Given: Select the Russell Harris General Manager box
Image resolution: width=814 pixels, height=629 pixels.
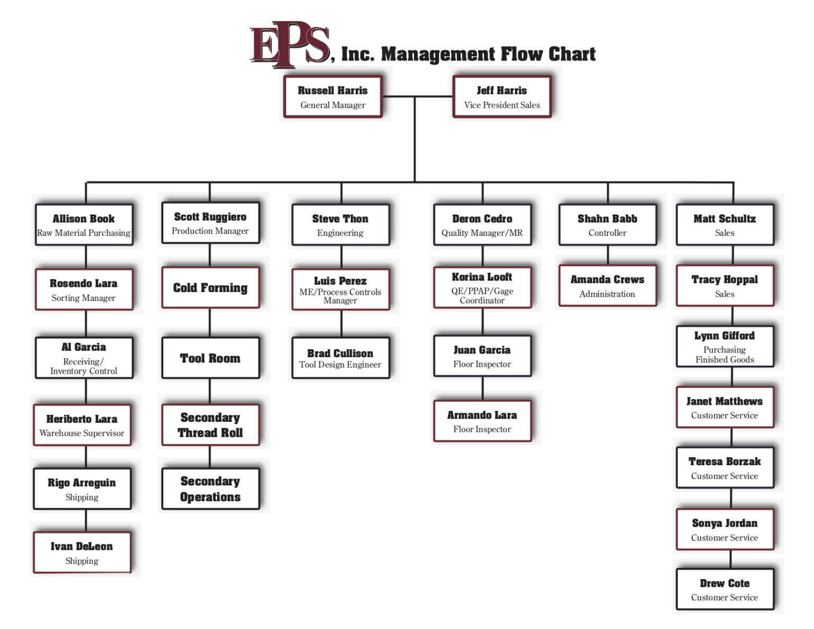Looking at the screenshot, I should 333,96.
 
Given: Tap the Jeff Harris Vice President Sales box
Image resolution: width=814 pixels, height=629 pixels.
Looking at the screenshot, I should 502,96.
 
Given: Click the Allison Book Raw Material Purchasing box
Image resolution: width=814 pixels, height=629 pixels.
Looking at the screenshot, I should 84,225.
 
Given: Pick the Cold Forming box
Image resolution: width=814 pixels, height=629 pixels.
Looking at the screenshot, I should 210,288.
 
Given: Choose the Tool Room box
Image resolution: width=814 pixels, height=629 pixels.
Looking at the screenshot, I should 210,358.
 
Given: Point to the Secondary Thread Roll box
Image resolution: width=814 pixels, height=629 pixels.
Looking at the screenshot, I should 210,425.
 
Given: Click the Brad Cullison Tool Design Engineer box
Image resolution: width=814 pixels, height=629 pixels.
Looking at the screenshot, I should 340,358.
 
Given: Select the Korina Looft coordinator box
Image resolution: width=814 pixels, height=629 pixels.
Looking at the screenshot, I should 482,288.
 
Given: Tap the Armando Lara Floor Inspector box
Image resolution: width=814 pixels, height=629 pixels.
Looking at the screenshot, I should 482,421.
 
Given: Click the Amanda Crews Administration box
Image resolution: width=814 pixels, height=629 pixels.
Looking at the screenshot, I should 607,286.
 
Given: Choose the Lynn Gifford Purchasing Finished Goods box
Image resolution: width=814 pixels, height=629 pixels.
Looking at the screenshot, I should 724,347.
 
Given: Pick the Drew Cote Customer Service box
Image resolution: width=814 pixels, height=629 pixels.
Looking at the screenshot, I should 724,589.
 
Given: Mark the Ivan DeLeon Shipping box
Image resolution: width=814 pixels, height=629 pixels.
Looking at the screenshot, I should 82,553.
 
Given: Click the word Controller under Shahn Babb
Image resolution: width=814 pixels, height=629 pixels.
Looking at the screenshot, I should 607,233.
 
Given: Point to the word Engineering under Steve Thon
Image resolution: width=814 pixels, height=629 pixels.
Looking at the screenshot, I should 340,233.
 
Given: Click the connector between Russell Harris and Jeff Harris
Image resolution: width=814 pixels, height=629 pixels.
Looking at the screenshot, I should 418,96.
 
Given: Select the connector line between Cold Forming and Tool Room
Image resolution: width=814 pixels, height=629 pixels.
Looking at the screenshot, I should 210,322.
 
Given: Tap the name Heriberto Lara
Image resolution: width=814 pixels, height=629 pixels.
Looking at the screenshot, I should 82,419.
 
